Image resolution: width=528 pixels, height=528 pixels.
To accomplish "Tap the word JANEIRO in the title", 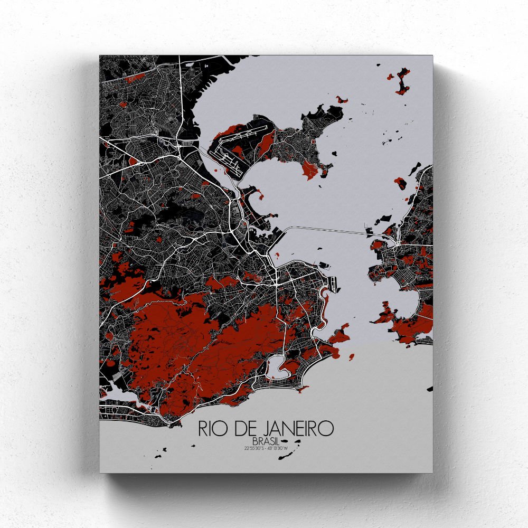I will point(296,428).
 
